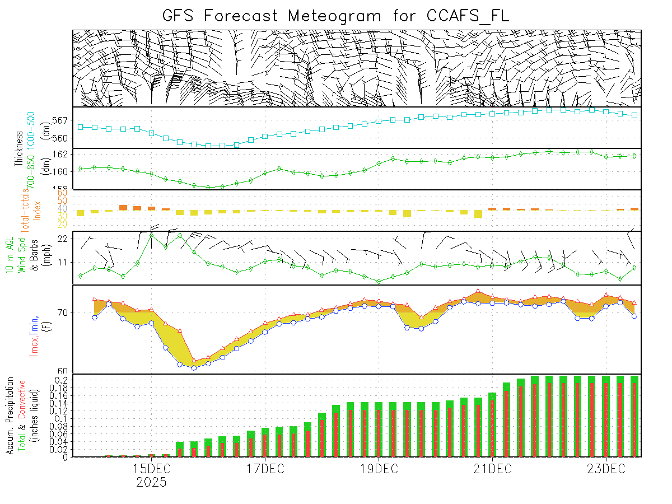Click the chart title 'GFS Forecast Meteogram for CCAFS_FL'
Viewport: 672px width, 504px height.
tap(336, 15)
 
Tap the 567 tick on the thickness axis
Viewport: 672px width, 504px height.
tap(62, 120)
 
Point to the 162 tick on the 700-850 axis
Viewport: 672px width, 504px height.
tap(62, 154)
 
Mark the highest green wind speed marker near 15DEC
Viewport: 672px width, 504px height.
tap(152, 235)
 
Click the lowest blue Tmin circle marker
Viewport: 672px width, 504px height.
tap(194, 368)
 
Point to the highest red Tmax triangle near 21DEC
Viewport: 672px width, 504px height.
tap(478, 291)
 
